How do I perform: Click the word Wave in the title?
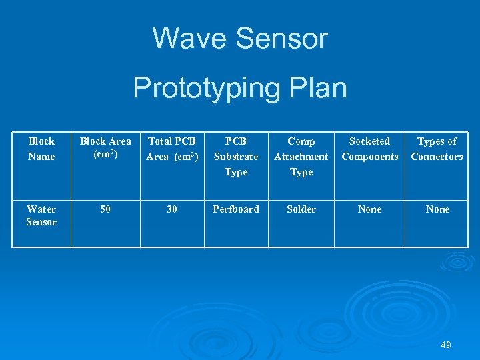[190, 39]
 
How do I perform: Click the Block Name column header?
[41, 149]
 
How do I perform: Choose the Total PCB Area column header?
[172, 149]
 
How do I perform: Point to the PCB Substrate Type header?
[236, 157]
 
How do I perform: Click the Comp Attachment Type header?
[301, 157]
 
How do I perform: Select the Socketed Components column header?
[370, 149]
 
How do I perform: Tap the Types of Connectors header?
[437, 149]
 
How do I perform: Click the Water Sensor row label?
[41, 215]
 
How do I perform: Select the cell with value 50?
[105, 209]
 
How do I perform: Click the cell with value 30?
[172, 209]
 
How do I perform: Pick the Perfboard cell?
[236, 209]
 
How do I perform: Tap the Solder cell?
[301, 209]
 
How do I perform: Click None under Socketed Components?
[370, 209]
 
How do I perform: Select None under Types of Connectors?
[437, 209]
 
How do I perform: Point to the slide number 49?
[446, 345]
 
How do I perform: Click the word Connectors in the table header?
[437, 157]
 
